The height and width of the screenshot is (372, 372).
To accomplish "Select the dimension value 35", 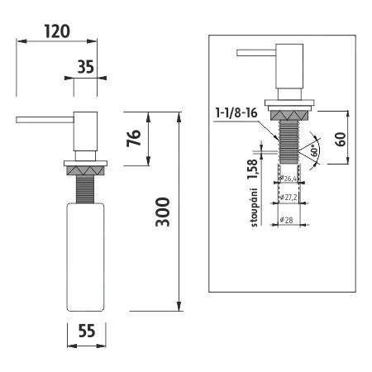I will click(86, 68).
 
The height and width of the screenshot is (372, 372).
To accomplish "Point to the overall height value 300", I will click(164, 213).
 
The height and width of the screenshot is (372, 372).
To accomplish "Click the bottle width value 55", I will click(86, 331).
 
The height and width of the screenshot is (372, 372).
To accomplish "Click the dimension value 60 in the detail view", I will click(341, 137).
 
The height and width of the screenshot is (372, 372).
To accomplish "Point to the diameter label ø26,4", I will click(289, 178).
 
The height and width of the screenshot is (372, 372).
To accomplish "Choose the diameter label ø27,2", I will click(289, 198).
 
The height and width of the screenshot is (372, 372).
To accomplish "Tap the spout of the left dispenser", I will click(45, 121).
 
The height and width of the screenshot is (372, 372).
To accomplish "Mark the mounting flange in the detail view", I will click(289, 105).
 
